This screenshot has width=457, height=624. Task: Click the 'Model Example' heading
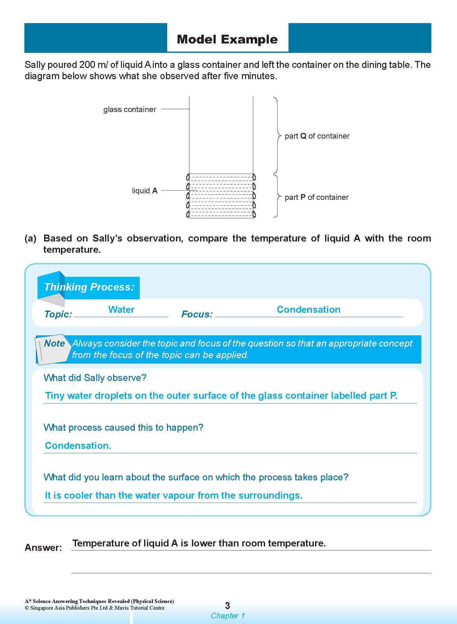click(227, 39)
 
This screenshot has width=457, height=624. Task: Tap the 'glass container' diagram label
click(129, 109)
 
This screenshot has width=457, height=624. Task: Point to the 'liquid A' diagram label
click(144, 191)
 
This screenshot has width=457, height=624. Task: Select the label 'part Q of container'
click(317, 136)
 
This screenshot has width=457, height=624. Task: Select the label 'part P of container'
click(316, 197)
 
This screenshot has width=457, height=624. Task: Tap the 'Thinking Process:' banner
click(89, 287)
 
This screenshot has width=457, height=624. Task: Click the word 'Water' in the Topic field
click(121, 310)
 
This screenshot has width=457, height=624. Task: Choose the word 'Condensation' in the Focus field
click(308, 310)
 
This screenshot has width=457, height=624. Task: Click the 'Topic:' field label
click(58, 314)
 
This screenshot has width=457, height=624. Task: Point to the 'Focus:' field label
click(197, 314)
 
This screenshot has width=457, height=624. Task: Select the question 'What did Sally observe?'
click(95, 378)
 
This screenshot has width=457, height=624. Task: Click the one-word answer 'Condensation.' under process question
click(78, 446)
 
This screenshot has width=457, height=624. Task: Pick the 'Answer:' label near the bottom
click(43, 548)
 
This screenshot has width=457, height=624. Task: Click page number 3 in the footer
click(227, 606)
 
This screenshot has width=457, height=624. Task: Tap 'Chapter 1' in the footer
click(227, 616)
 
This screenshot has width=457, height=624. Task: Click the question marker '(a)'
click(31, 238)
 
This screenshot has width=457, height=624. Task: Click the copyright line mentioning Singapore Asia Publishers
click(94, 608)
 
